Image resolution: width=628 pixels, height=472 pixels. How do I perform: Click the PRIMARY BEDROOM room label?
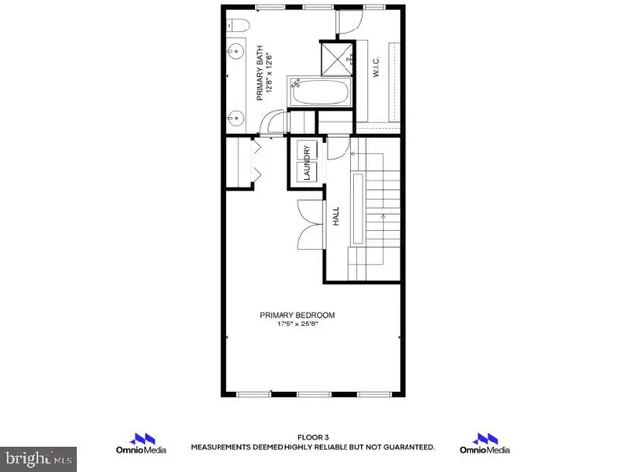click(x=297, y=315)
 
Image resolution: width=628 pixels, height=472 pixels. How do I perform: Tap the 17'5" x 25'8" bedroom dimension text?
click(x=297, y=324)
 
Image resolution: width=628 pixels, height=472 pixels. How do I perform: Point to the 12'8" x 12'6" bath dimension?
click(x=271, y=77)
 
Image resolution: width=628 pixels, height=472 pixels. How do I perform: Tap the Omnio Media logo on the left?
click(x=146, y=442)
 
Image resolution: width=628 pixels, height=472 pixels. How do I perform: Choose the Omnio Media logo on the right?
click(x=484, y=442)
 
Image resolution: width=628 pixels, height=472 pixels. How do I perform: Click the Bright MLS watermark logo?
click(x=37, y=457)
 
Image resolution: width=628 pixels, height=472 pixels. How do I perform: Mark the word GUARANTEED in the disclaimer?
click(x=405, y=447)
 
